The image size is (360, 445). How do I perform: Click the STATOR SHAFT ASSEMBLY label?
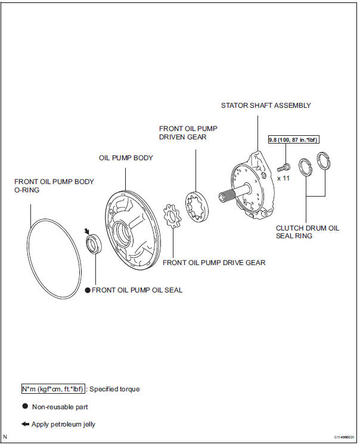266,105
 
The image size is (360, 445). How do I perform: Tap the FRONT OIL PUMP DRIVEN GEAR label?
183,133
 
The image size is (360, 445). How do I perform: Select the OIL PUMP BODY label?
126,158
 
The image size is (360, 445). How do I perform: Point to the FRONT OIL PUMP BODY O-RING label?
54,185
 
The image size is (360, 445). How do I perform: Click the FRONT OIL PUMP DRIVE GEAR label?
214,262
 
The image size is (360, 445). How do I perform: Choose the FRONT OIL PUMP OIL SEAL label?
137,290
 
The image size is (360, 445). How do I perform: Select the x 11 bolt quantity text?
283,178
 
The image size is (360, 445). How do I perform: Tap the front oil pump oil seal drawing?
94,244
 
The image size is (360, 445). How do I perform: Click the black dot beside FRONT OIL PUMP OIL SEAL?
87,290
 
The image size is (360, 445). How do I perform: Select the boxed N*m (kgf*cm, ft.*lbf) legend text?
52,388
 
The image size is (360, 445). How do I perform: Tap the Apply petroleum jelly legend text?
64,425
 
